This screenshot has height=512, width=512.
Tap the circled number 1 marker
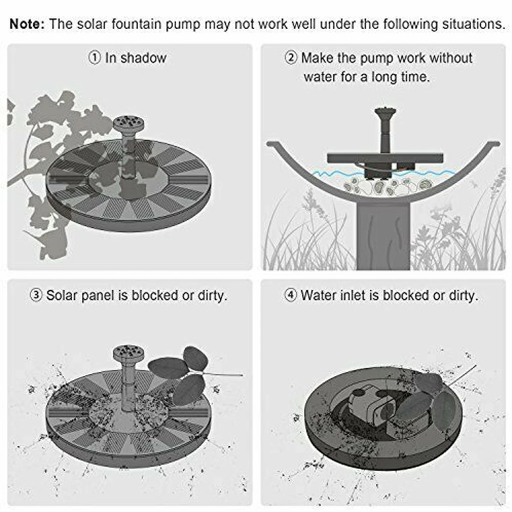(94, 58)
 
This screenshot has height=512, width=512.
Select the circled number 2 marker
(290, 58)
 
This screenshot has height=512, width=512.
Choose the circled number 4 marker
(290, 295)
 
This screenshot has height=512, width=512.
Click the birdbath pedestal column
(383, 236)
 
